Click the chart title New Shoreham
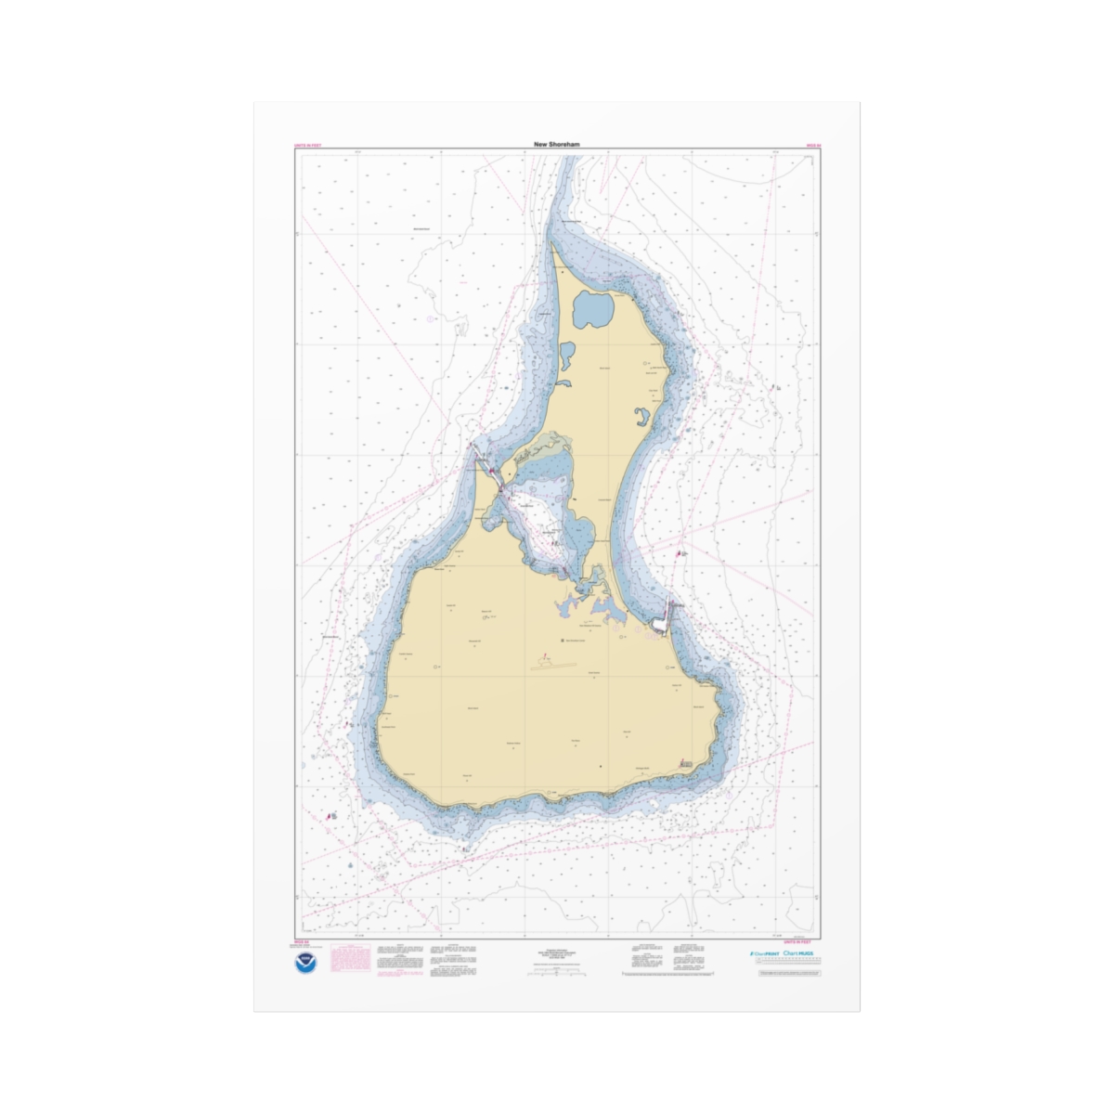(x=557, y=145)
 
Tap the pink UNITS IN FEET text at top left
(x=309, y=147)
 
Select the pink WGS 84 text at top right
(x=813, y=147)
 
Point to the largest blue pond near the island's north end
(x=593, y=308)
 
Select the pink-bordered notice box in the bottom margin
(x=351, y=959)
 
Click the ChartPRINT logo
(x=762, y=953)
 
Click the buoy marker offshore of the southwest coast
(x=331, y=817)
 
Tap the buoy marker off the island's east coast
(x=682, y=553)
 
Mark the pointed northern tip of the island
(x=553, y=245)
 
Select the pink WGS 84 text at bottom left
(x=301, y=941)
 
